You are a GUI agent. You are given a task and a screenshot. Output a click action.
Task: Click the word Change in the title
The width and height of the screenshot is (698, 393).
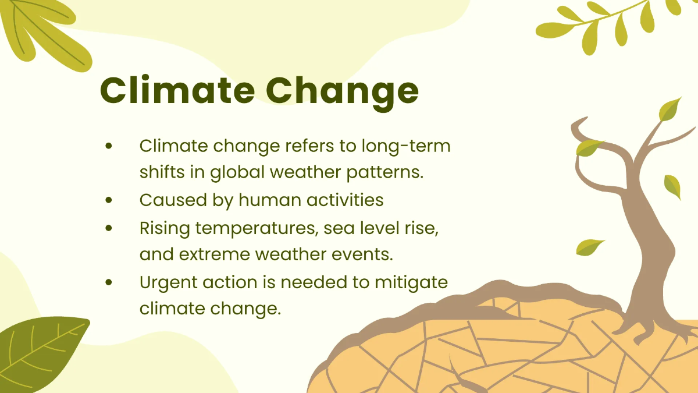coord(342,93)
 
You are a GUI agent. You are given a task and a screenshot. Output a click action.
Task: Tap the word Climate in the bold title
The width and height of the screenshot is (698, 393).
coord(177,90)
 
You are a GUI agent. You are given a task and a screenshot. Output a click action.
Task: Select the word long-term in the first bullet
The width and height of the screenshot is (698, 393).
coord(406,147)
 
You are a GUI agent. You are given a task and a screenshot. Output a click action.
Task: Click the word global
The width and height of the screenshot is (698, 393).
coord(237,172)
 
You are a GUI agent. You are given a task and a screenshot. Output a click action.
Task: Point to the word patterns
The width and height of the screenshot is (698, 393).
coord(385,173)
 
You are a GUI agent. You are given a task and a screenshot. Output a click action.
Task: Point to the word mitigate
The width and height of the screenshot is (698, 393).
coord(411,283)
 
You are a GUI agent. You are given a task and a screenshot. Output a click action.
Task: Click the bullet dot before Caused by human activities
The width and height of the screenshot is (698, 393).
coord(109,200)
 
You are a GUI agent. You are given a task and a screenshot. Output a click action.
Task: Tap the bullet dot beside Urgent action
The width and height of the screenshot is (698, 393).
coord(109,282)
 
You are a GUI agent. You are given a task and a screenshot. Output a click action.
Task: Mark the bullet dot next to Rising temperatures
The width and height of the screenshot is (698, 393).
coord(109,228)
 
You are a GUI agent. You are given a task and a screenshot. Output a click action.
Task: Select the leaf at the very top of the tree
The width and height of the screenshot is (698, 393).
coord(669,109)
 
